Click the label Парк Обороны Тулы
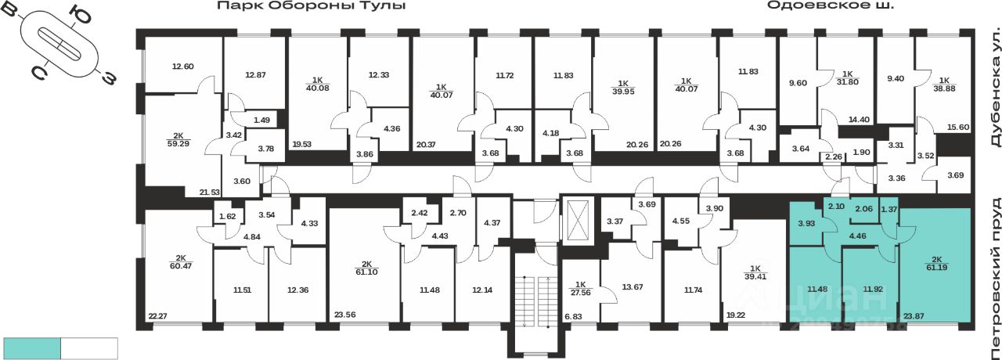(312, 6)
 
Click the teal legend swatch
(32, 348)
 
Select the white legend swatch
(88, 348)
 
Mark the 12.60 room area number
(182, 67)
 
